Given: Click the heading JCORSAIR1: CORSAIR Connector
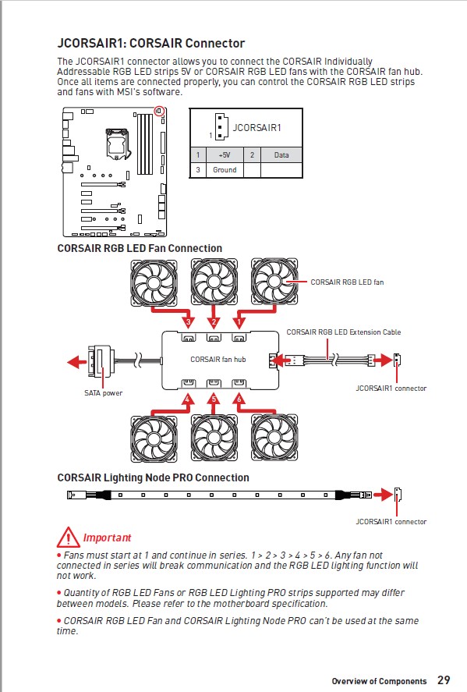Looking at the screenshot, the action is coord(150,43).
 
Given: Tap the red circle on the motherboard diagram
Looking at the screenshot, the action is coord(159,112).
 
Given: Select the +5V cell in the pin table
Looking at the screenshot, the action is coord(225,155).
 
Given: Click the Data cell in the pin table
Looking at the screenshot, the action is coord(281,155).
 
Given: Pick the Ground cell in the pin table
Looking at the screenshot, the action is coord(225,170).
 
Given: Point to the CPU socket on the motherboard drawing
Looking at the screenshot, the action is coord(117,143).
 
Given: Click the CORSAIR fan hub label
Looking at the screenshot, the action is coord(218,359).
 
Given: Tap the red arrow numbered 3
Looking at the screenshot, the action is coord(173,316).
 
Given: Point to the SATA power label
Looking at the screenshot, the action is coord(103,392).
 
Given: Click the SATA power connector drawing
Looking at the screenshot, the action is coord(101,361).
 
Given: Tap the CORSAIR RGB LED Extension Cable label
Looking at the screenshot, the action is coord(344,332).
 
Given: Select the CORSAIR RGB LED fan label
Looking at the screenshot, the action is coord(347,282).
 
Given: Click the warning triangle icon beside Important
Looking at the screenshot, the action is coord(68,537).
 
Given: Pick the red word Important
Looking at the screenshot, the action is coord(107,538).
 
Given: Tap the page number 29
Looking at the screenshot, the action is coord(444,680).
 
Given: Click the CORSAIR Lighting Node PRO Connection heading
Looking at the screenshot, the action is coord(153,477).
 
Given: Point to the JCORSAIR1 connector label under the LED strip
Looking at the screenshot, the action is coord(391,522).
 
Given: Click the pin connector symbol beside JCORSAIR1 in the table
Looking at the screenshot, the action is coord(221,126).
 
